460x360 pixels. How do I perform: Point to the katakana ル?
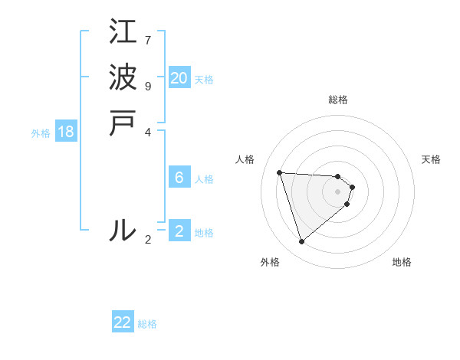(x=123, y=230)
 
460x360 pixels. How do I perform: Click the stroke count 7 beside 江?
(x=148, y=39)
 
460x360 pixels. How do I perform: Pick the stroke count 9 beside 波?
(x=148, y=85)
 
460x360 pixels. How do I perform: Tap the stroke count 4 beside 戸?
(x=148, y=131)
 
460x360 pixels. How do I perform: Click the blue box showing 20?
(x=179, y=78)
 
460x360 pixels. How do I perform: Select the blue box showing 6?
(x=179, y=178)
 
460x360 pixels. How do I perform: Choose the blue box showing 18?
(x=66, y=132)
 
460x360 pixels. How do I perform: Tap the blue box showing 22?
(x=123, y=322)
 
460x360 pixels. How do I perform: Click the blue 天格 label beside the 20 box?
(x=204, y=80)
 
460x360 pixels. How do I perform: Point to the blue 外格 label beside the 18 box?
(x=41, y=133)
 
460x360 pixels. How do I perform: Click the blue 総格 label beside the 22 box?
(x=147, y=324)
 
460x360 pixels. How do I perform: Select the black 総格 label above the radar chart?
(x=338, y=100)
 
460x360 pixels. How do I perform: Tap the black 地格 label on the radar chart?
(x=402, y=262)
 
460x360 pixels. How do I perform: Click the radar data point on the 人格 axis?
(x=280, y=172)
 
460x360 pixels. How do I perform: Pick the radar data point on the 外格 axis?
(x=302, y=241)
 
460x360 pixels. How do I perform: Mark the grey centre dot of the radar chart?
(x=338, y=191)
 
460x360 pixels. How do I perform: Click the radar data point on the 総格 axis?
(x=338, y=176)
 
